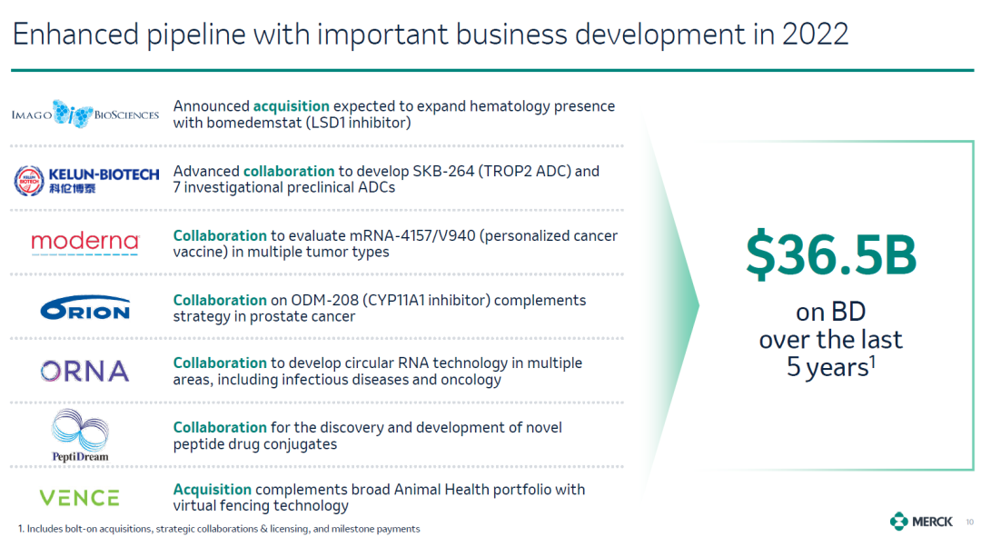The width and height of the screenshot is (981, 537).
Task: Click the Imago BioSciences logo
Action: coord(85,114)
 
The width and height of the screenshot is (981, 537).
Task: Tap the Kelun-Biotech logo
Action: coord(86,180)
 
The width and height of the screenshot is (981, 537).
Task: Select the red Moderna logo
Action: coord(85,243)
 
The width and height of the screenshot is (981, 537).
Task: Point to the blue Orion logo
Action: coord(85,308)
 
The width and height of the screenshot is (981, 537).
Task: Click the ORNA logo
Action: coord(85,371)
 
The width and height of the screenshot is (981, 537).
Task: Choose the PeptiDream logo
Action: coord(80,435)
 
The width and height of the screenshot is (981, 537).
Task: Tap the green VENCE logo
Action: coord(79,498)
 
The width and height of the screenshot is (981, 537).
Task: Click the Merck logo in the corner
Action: coord(921,521)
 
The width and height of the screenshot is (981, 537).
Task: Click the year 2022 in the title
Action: coord(815,34)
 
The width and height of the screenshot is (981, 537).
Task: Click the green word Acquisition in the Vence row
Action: coord(212,490)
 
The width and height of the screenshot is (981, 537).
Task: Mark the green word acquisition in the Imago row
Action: coord(291,106)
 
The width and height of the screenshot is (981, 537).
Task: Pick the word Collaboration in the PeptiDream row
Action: coord(220,427)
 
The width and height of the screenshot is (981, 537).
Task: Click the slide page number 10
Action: coord(970,522)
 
